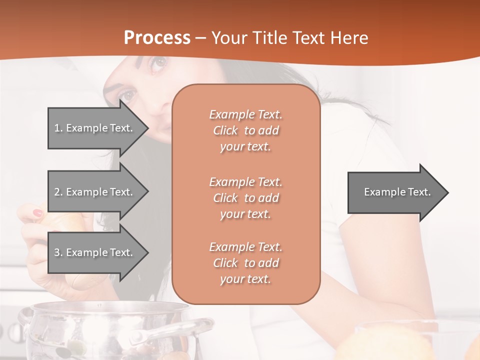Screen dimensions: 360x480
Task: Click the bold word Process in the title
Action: pyautogui.click(x=157, y=38)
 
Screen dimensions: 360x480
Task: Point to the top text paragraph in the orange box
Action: pyautogui.click(x=245, y=130)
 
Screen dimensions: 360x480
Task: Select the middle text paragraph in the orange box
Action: pyautogui.click(x=245, y=197)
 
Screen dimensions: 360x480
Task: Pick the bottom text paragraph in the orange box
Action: pyautogui.click(x=245, y=263)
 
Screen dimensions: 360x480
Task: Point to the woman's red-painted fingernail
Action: pyautogui.click(x=38, y=213)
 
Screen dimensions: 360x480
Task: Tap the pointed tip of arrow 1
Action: pyautogui.click(x=147, y=128)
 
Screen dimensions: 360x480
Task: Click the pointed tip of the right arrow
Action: pyautogui.click(x=447, y=192)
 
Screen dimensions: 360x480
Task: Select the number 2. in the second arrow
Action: pyautogui.click(x=58, y=192)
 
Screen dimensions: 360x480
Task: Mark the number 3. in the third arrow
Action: pyautogui.click(x=58, y=252)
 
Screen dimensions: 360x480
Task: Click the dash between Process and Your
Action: pyautogui.click(x=201, y=38)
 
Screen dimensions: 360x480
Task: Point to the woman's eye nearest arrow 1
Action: pyautogui.click(x=128, y=94)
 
